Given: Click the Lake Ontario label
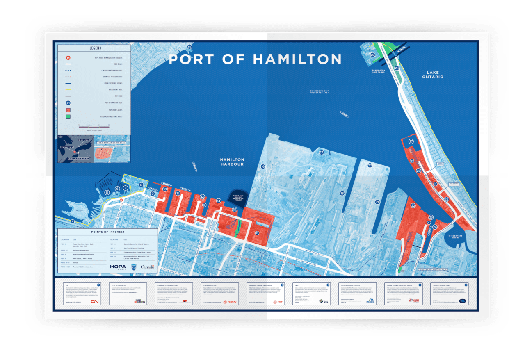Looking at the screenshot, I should click(434, 74).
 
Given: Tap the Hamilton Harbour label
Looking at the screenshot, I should click(232, 162).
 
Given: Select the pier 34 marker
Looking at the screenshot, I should click(189, 47).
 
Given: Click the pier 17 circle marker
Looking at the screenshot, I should click(322, 153).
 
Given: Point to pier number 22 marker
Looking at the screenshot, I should click(413, 205).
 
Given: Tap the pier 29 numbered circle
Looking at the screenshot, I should click(373, 55).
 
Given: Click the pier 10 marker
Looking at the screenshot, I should click(165, 189).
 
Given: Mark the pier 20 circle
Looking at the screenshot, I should click(370, 165).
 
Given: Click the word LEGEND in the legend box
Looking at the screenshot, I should click(95, 48).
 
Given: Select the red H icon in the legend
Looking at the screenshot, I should click(68, 58).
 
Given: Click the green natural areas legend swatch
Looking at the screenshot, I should click(68, 117).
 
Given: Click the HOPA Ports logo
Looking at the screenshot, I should click(118, 267).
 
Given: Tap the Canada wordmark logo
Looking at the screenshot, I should click(147, 267).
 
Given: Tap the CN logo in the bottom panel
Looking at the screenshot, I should click(95, 301).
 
